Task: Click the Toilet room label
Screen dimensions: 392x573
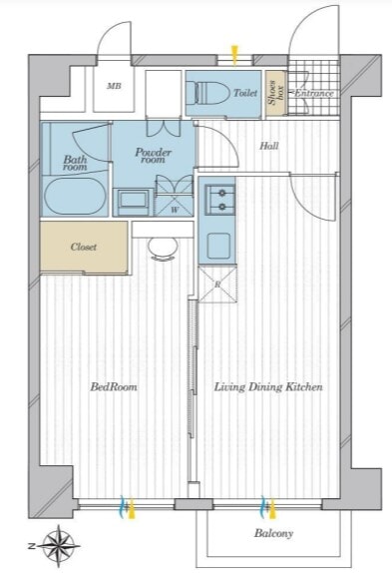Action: [245, 93]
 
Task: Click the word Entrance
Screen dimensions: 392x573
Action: [314, 93]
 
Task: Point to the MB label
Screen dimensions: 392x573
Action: [114, 86]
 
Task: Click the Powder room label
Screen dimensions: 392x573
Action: [154, 155]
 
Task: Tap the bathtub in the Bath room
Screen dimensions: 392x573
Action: [75, 196]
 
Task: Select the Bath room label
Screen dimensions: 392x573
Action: [75, 163]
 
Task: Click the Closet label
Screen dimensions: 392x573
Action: [84, 247]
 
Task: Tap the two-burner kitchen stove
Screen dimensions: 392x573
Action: [220, 200]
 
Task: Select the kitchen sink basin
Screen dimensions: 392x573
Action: [218, 246]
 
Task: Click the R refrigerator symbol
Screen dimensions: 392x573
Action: [217, 285]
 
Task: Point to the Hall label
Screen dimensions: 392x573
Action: [269, 146]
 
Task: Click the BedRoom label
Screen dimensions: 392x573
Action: [114, 386]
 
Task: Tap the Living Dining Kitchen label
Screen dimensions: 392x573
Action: [268, 386]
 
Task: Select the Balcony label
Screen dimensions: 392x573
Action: [273, 533]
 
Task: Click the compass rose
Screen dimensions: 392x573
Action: [59, 546]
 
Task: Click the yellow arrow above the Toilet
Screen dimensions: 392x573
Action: [234, 55]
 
